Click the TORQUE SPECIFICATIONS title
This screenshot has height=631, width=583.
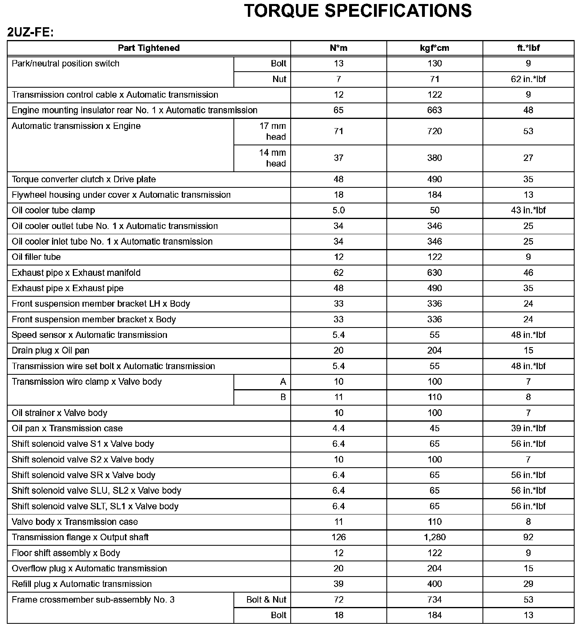point(358,11)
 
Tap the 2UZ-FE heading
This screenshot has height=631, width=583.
point(30,32)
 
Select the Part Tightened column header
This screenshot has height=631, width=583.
point(149,48)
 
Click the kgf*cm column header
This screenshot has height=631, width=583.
point(434,48)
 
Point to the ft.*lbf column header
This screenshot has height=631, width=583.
point(528,48)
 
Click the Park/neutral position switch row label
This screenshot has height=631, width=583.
point(66,64)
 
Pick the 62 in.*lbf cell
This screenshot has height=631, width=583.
point(528,79)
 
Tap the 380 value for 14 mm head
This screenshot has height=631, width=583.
point(434,158)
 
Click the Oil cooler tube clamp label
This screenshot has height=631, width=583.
point(53,211)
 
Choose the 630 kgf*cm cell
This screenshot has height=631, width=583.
point(434,273)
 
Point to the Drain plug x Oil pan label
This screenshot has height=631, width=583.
point(50,351)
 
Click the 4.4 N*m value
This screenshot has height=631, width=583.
point(338,428)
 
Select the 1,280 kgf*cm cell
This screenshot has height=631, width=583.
point(434,537)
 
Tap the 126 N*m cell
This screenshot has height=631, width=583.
point(338,537)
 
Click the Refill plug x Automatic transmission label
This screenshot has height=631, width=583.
point(82,584)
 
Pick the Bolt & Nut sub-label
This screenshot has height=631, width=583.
point(266,600)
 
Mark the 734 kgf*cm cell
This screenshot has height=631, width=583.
point(434,600)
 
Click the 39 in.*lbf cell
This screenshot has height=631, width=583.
point(528,428)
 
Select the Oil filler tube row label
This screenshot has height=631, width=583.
point(36,257)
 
